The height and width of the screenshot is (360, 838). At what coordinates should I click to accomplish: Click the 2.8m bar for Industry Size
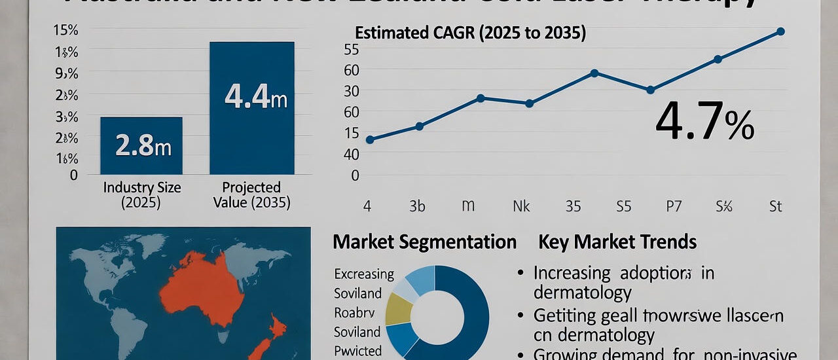click(x=141, y=145)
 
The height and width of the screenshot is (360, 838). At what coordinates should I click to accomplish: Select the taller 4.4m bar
click(x=251, y=108)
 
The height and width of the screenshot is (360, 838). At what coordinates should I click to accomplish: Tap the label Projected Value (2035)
click(x=251, y=195)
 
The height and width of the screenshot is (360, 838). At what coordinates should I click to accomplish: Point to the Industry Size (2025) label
click(x=142, y=195)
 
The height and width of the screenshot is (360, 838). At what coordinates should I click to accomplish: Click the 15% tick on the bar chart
click(x=65, y=30)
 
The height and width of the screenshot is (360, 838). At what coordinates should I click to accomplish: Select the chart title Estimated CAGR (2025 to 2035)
click(x=469, y=33)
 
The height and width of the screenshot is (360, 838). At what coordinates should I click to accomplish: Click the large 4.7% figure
click(x=704, y=122)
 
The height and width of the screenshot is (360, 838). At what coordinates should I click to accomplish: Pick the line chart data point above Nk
click(x=530, y=103)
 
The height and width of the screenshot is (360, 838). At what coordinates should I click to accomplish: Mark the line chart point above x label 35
click(x=594, y=73)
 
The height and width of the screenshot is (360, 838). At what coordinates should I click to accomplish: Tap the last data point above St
click(x=780, y=31)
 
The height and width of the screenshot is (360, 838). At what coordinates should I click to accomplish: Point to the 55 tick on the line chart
click(x=351, y=50)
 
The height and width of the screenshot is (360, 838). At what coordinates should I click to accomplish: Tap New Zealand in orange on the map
click(x=268, y=334)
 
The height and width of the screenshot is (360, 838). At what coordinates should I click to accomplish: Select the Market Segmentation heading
click(x=424, y=242)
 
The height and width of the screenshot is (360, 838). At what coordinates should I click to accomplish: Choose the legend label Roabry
click(x=354, y=312)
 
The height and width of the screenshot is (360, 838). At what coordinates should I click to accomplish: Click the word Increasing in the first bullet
click(x=572, y=273)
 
